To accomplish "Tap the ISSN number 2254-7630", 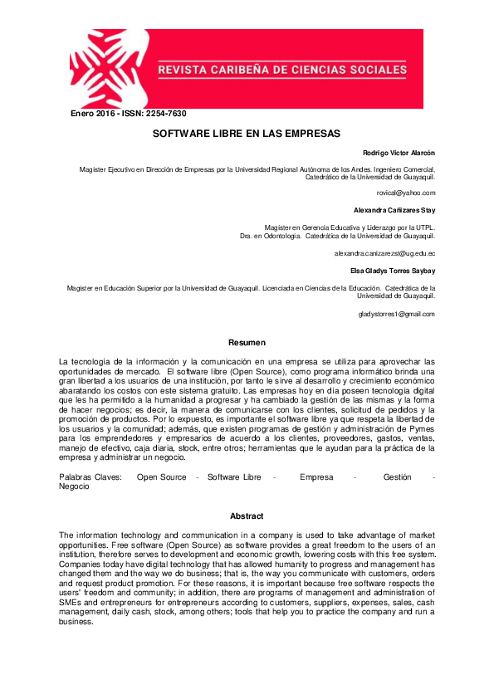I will click(166, 114).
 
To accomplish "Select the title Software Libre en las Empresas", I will click(247, 133).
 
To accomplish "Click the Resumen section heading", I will click(247, 342).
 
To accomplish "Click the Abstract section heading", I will click(247, 516).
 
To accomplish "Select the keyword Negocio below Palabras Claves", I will click(75, 486).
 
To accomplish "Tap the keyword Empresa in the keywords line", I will click(316, 477).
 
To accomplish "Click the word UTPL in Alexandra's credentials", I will click(425, 227).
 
